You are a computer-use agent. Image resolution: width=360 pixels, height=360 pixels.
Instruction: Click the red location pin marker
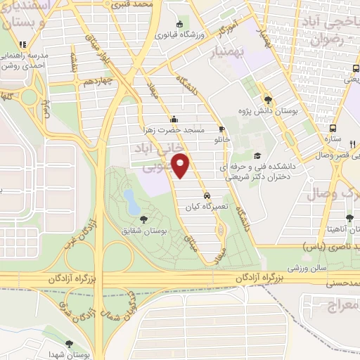click(182, 166)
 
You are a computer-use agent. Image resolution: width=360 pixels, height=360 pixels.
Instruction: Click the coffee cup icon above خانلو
click(222, 129)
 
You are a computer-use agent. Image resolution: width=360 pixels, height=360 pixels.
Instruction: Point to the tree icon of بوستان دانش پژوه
click(267, 99)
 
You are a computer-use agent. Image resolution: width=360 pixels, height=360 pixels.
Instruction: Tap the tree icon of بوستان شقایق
click(144, 219)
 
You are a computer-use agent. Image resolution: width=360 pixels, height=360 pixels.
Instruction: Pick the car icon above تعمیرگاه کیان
click(206, 195)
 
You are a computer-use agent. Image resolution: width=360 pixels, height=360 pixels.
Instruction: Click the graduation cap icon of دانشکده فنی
click(257, 155)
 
